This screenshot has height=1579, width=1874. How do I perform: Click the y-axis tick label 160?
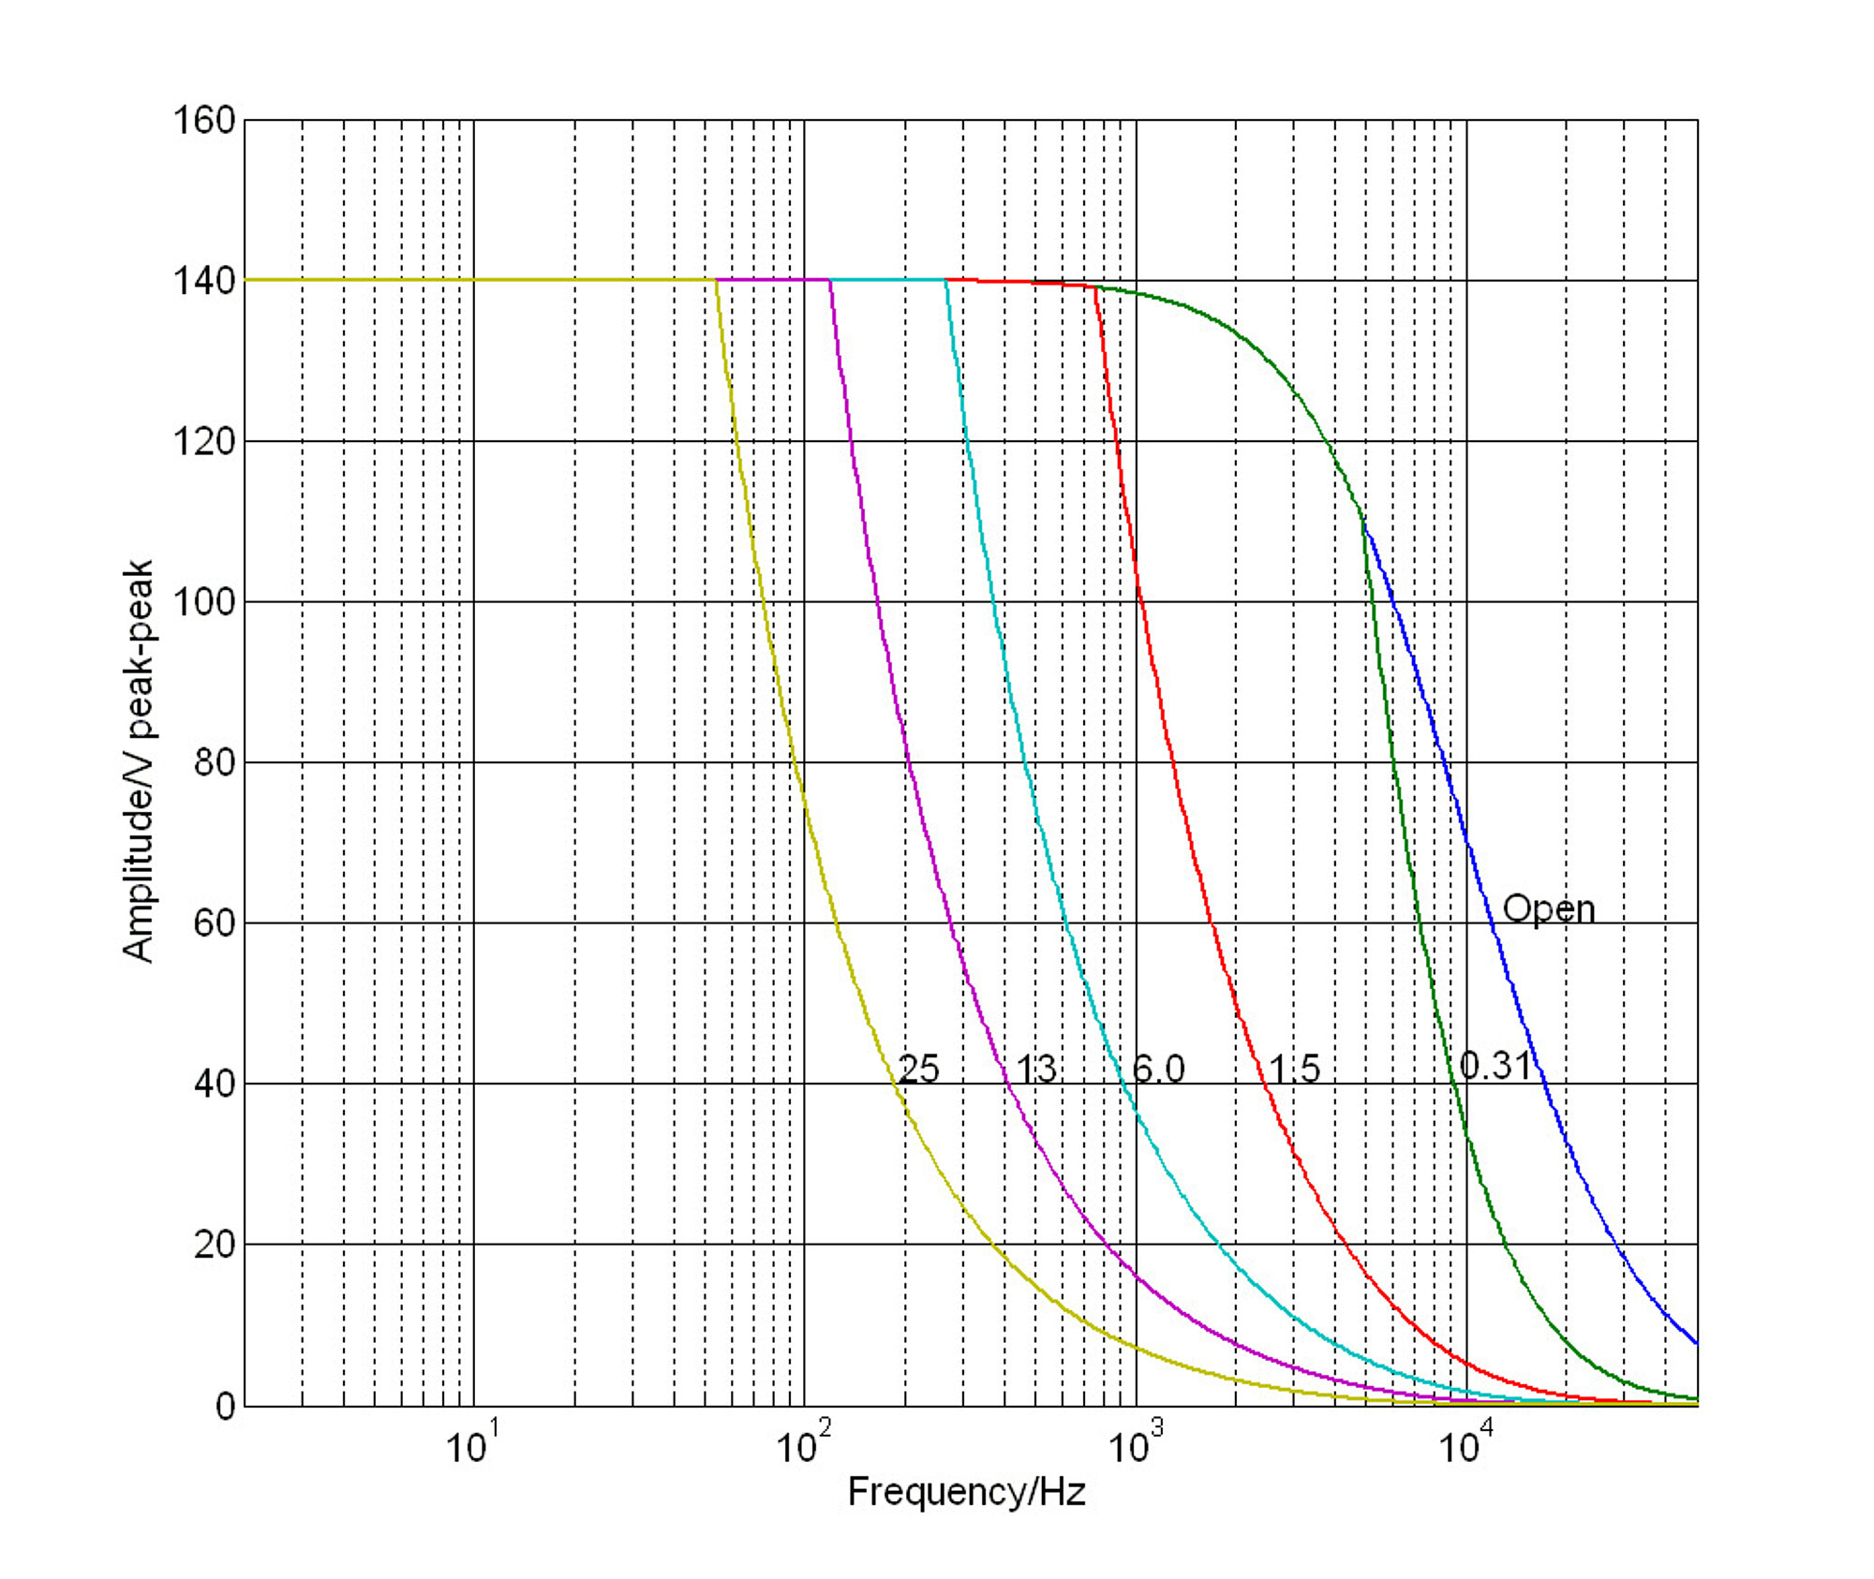coord(203,121)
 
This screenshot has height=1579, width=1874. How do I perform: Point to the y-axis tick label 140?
coord(203,281)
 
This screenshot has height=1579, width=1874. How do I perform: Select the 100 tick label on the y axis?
coord(203,602)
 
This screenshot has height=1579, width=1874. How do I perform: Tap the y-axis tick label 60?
coord(214,923)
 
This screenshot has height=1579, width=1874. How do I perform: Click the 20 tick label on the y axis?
coord(214,1245)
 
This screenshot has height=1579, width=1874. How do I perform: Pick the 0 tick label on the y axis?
coord(225,1407)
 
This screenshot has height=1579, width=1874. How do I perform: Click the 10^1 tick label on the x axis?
coord(471,1445)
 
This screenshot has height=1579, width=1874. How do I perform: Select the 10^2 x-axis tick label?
coord(803,1445)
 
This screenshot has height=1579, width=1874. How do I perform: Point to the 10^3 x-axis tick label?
coord(1135,1445)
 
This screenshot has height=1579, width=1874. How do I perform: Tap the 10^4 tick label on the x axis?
coord(1465,1445)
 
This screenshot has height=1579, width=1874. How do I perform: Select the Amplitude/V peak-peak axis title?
coord(138,760)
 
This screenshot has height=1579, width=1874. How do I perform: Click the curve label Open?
coord(1548,909)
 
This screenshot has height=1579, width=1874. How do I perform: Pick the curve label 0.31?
coord(1495,1066)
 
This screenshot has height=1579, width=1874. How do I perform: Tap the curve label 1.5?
coord(1294,1069)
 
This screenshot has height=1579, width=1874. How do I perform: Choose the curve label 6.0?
coord(1158,1069)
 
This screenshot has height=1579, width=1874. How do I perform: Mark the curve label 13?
coord(1036,1069)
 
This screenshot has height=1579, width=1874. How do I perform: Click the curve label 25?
coord(918,1069)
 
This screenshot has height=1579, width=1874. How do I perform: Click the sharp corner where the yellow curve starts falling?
coord(717,280)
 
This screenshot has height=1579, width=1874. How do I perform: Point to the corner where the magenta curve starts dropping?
coord(830,280)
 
